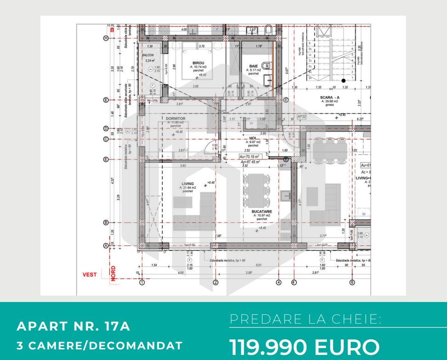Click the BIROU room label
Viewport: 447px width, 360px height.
[199, 63]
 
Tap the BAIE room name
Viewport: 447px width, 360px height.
[253, 66]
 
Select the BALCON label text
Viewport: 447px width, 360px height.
[148, 55]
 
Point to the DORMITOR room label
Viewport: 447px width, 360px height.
[176, 118]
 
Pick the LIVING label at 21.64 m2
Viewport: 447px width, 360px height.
[188, 184]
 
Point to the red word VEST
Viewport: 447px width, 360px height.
[90, 275]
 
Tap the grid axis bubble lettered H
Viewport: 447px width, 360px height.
[106, 38]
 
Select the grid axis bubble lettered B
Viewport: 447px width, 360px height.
[106, 222]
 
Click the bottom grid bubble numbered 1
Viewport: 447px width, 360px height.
[142, 282]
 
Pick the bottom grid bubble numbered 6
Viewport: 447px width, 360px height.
[352, 282]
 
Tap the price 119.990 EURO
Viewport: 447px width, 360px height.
[305, 346]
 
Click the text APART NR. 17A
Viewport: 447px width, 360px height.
[74, 326]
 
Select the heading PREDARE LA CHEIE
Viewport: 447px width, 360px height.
[305, 319]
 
